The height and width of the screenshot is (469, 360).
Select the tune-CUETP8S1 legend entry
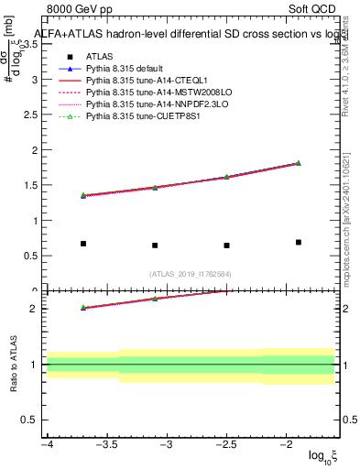(x=138, y=118)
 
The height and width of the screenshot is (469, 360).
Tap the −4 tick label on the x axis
(x=47, y=445)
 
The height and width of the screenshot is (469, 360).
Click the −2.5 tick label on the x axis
(x=226, y=445)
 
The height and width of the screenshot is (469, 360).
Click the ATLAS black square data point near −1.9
(x=299, y=242)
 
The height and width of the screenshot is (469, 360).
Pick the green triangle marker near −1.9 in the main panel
(x=299, y=163)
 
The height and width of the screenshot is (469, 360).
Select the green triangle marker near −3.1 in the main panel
(x=155, y=187)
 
